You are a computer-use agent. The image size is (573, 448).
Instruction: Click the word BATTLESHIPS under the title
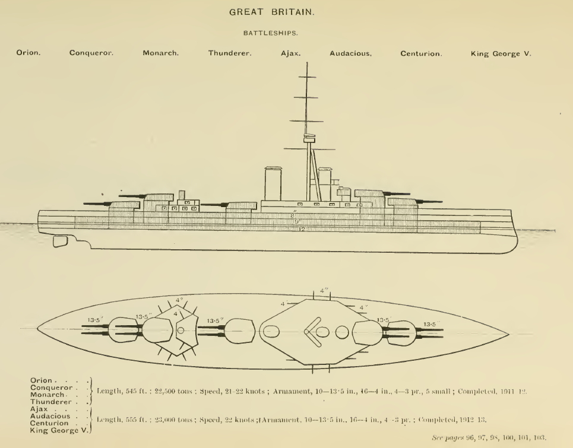pos(286,34)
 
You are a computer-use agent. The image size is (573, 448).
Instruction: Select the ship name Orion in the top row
pos(28,53)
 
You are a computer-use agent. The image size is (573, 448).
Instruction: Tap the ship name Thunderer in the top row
pos(230,53)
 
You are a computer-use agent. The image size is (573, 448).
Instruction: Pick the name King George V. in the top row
pos(501,53)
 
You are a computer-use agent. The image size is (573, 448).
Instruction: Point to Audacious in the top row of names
pos(350,53)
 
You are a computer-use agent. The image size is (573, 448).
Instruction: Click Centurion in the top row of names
pos(420,53)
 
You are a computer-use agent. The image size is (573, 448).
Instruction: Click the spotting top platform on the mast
pos(307,138)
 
